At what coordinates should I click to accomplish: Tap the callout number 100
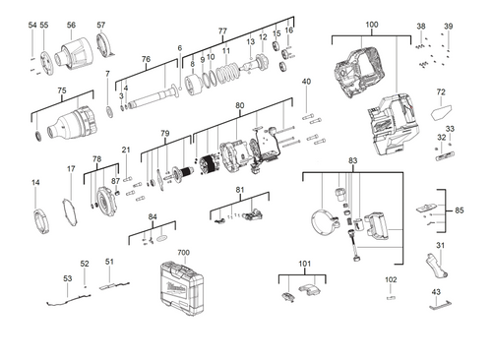[x=371, y=24]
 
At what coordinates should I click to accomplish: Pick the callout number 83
[x=352, y=159]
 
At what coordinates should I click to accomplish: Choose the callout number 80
[x=239, y=105]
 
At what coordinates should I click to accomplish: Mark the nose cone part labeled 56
[x=71, y=51]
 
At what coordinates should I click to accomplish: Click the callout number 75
[x=61, y=90]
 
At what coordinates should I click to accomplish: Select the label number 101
[x=304, y=265]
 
